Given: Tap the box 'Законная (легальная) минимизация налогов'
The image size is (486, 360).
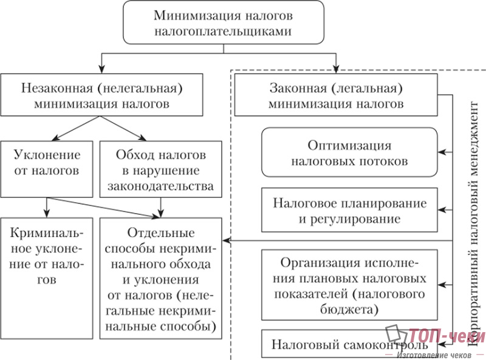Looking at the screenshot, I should (336, 95).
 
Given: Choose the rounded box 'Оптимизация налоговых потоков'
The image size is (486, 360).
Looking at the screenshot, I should (349, 154).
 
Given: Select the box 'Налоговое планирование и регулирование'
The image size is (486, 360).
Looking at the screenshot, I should (349, 210).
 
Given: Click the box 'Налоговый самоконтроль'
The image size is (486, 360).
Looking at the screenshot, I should (340, 344).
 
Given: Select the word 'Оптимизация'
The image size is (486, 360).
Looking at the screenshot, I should (349, 146).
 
